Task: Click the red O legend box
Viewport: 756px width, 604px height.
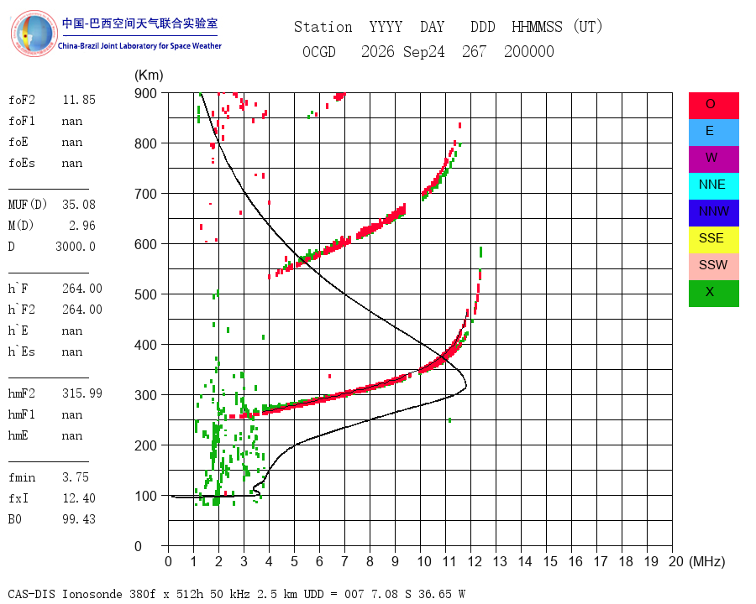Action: click(x=713, y=106)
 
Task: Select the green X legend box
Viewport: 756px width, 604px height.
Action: click(x=713, y=294)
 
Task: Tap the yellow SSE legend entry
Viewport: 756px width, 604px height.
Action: click(x=713, y=240)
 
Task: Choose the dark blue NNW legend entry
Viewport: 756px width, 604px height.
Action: click(x=713, y=213)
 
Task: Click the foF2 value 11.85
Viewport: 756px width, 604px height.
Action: click(x=79, y=100)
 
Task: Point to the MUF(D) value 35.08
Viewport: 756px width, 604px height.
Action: click(x=79, y=205)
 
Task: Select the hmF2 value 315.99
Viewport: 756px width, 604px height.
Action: click(x=82, y=393)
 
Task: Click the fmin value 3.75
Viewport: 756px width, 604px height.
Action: click(x=76, y=477)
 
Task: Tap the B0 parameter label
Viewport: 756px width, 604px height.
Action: click(x=15, y=519)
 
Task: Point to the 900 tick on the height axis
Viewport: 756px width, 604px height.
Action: click(x=145, y=93)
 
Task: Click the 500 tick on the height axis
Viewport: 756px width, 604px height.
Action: click(x=145, y=294)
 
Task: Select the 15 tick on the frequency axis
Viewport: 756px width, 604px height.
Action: click(x=550, y=561)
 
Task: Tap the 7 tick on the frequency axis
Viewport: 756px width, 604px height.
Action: click(x=344, y=561)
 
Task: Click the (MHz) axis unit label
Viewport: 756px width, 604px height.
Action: click(x=707, y=561)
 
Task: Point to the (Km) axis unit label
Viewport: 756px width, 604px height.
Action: click(x=149, y=75)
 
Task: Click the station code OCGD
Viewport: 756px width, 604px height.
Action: click(x=319, y=51)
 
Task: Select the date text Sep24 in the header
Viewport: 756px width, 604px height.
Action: click(x=424, y=51)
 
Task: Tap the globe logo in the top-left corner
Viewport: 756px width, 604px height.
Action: click(x=34, y=33)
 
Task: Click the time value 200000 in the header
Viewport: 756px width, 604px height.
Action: click(x=529, y=51)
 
